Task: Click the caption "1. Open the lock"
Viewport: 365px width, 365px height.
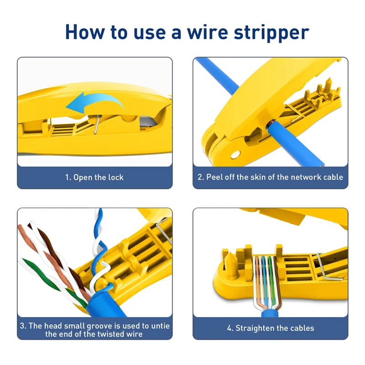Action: [94, 177]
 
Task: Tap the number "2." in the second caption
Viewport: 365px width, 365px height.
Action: [201, 177]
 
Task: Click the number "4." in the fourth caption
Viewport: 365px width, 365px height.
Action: [230, 328]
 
